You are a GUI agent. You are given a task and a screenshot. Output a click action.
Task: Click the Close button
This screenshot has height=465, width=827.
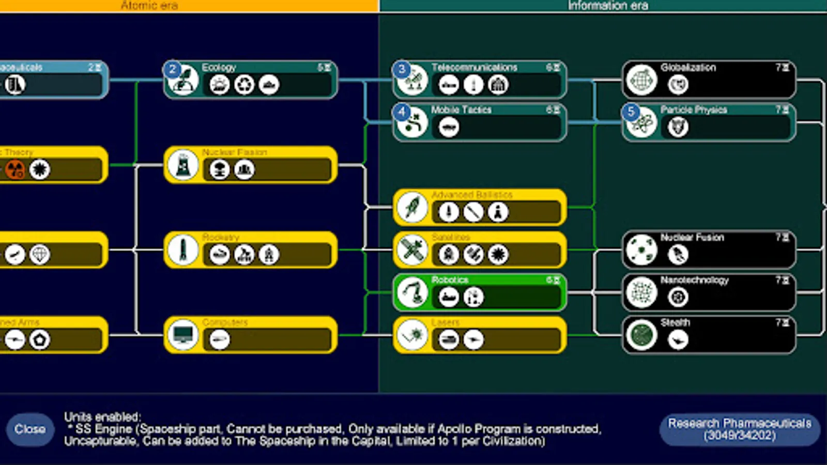30,429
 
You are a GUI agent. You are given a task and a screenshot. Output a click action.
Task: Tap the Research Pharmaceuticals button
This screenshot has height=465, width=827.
739,429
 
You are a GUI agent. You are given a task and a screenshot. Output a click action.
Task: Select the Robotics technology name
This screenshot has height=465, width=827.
450,280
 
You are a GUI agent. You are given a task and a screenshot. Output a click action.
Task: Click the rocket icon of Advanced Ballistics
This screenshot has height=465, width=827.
412,207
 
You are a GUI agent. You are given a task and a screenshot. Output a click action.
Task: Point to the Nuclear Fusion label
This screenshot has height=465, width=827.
692,238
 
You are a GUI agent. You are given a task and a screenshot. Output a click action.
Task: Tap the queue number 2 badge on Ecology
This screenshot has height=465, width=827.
173,70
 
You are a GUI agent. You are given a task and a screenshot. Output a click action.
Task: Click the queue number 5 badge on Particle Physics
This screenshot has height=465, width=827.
631,112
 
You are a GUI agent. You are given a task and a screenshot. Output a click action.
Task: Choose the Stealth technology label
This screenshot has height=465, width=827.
675,322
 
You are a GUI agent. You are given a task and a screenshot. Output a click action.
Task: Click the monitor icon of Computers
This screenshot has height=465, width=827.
183,335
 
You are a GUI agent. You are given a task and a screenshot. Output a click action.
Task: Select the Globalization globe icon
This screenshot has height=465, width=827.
641,80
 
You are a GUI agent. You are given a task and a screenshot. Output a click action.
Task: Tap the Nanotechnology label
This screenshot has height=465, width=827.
694,280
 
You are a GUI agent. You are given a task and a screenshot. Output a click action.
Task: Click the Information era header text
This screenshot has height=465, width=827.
608,6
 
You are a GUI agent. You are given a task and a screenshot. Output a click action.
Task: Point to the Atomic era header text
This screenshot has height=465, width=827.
149,6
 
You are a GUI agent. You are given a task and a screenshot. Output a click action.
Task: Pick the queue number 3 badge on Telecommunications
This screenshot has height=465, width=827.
402,70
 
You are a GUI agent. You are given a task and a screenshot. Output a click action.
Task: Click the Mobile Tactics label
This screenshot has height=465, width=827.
461,110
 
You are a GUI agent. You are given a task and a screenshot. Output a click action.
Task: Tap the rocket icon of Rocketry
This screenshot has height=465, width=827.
183,250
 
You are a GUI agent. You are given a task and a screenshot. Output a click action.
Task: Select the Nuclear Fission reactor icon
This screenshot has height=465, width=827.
183,165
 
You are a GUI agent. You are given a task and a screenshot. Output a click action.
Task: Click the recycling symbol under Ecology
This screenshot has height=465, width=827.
244,85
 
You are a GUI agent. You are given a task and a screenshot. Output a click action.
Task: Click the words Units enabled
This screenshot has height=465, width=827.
102,417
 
